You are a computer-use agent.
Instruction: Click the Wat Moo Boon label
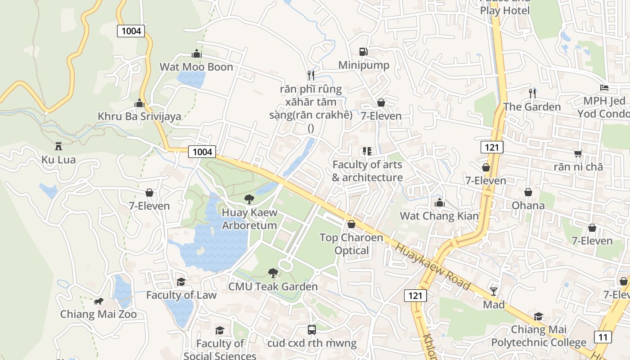tap(196, 67)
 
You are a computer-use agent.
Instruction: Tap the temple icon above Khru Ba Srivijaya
tap(139, 103)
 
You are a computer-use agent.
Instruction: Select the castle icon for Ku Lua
tap(58, 146)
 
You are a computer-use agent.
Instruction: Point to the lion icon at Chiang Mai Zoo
tap(98, 301)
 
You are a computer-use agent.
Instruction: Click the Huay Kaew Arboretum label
tap(249, 219)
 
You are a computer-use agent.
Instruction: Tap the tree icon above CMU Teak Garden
tap(273, 272)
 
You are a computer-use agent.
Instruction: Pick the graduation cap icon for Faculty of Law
tap(181, 282)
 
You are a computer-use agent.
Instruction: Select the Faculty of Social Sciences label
tap(220, 350)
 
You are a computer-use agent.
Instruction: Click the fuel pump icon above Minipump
tap(363, 52)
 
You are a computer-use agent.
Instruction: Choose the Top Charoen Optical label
tap(351, 244)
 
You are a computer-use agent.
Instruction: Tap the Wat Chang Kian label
tap(439, 216)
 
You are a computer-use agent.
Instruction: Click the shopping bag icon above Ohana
tap(528, 192)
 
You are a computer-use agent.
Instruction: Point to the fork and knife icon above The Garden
tap(532, 93)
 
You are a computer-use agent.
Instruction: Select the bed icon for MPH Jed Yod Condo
tap(604, 87)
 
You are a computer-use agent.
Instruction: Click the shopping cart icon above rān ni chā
tap(578, 153)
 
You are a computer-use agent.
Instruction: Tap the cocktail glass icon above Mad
tap(494, 291)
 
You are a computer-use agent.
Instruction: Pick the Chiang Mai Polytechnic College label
tap(539, 336)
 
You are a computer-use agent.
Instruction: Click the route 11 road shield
tap(603, 336)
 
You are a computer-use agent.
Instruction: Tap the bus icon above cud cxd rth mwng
tap(311, 330)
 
